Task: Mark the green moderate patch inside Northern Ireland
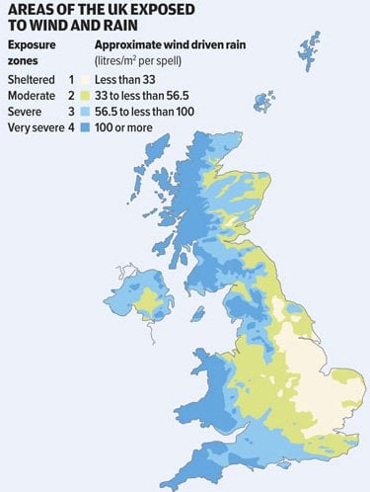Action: click(153, 298)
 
